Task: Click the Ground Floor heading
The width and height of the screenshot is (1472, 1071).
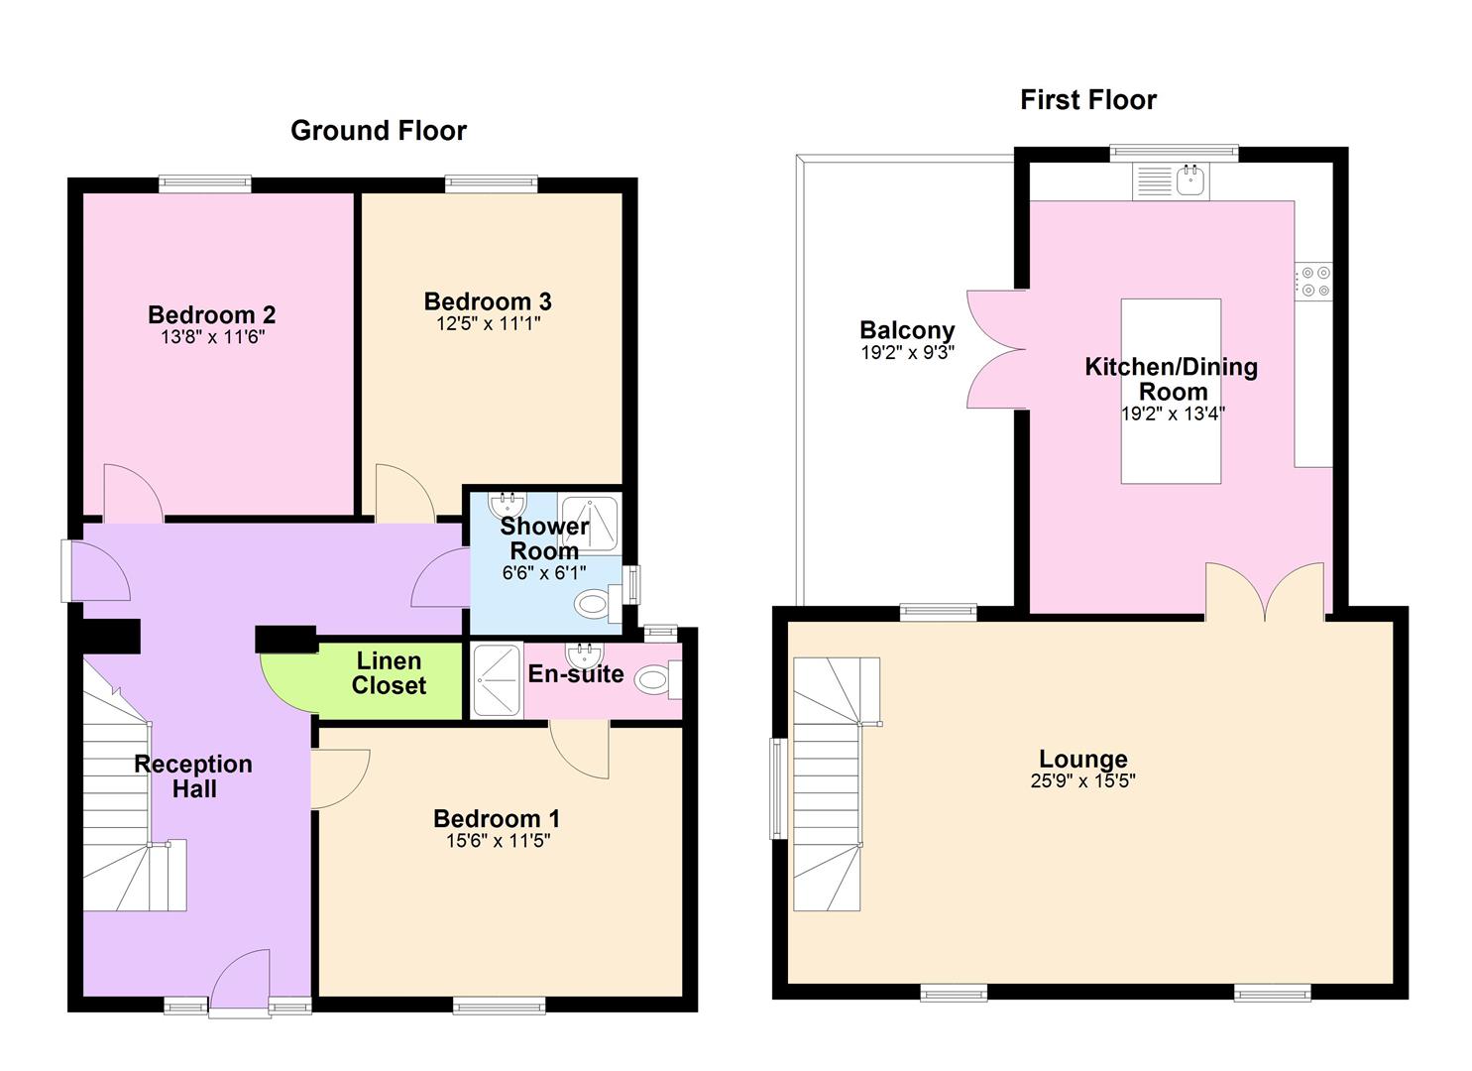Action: (x=379, y=131)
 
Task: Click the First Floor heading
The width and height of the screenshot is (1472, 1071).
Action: (x=1088, y=100)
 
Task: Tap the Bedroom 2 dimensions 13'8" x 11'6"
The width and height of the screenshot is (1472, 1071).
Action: (x=213, y=337)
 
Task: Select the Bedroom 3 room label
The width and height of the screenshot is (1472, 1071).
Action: (x=488, y=301)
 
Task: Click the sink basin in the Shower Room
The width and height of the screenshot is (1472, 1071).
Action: (x=508, y=505)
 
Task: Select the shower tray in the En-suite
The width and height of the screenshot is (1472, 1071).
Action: (x=498, y=680)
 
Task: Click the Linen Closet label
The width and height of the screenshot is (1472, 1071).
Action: (x=389, y=672)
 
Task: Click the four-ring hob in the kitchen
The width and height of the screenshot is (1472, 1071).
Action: (x=1313, y=281)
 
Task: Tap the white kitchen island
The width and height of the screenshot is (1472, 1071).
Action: (x=1171, y=391)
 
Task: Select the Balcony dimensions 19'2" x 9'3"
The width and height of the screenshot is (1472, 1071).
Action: (x=908, y=353)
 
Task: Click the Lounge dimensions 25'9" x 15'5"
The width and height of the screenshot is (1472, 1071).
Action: (x=1083, y=780)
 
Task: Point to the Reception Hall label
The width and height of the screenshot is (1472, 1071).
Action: (x=193, y=775)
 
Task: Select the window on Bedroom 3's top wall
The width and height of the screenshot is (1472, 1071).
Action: (x=491, y=184)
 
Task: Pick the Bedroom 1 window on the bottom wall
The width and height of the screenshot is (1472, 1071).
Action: (x=499, y=1006)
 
